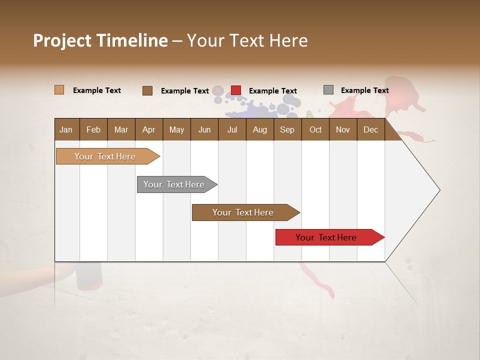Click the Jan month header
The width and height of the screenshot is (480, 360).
click(66, 130)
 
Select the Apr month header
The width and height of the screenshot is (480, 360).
click(148, 130)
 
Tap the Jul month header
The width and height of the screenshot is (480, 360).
click(232, 130)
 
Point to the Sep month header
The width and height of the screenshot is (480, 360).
click(287, 130)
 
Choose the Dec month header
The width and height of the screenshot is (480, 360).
click(370, 130)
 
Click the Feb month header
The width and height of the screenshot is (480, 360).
click(93, 130)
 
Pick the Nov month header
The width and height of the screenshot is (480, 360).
click(342, 130)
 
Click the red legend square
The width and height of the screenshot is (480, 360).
click(236, 90)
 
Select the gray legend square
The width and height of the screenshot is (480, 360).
click(328, 90)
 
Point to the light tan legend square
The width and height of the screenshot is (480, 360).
click(59, 90)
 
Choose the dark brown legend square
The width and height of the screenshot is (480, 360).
click(147, 90)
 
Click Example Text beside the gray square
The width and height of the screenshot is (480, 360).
click(364, 90)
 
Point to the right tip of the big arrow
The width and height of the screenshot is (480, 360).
click(439, 190)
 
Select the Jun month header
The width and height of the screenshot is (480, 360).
click(204, 130)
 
